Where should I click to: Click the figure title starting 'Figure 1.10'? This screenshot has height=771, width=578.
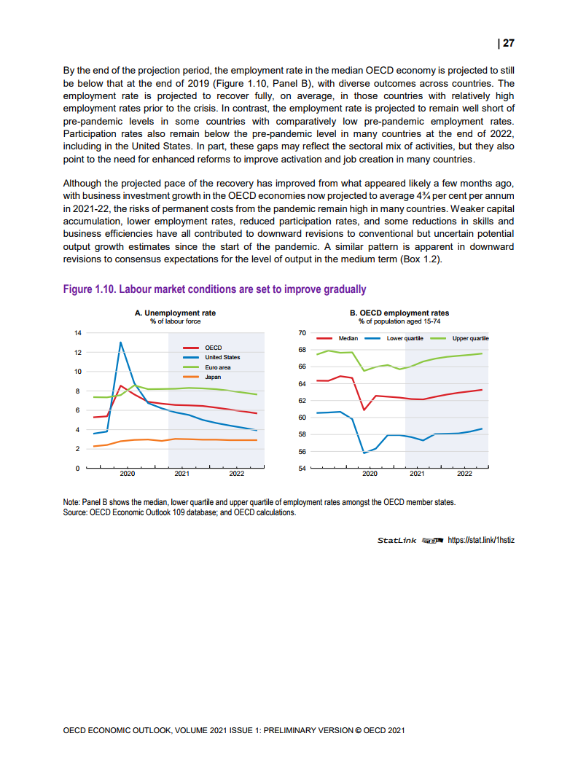(x=214, y=289)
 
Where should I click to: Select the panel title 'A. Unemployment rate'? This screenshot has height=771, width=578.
(x=175, y=313)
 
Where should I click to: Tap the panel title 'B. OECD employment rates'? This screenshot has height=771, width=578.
(x=400, y=313)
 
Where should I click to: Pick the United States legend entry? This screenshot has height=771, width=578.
(x=222, y=357)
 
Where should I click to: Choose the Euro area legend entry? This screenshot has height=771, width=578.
(x=217, y=367)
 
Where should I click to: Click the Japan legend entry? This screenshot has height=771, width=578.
(x=213, y=377)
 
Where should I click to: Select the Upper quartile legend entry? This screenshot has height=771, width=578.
(x=470, y=339)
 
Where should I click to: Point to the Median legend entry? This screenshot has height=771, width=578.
(x=348, y=339)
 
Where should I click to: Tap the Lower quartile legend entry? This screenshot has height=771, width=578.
(x=405, y=339)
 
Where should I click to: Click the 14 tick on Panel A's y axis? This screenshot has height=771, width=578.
(x=78, y=332)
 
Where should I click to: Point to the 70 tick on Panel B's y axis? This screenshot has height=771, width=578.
(x=302, y=332)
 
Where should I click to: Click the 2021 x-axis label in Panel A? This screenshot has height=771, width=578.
(x=181, y=474)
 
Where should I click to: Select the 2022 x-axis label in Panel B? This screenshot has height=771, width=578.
(x=464, y=474)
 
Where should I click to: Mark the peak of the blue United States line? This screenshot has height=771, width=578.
(x=120, y=343)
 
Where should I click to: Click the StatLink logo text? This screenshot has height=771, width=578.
(x=397, y=540)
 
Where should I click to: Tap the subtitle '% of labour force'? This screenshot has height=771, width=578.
(x=175, y=321)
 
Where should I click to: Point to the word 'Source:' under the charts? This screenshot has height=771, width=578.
(x=76, y=512)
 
